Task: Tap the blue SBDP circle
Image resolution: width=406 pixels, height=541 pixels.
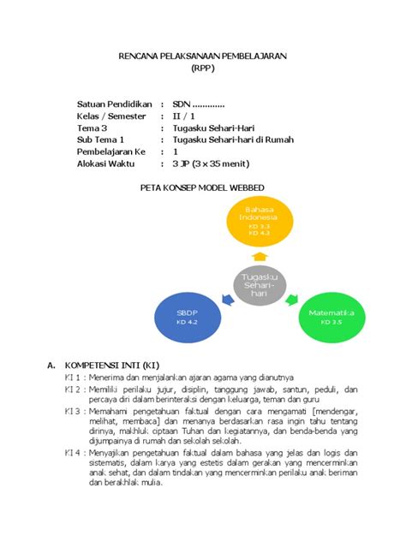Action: point(187,318)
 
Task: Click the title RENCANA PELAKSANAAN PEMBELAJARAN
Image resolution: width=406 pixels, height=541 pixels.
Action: point(202,56)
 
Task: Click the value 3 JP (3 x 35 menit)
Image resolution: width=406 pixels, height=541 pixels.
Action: point(208,162)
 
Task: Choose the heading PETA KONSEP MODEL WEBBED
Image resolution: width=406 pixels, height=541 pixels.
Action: point(202,187)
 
